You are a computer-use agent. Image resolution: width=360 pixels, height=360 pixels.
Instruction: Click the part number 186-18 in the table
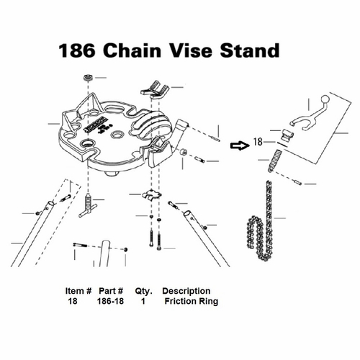(x=110, y=302)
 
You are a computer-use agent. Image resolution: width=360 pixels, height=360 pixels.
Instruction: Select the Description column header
(x=186, y=292)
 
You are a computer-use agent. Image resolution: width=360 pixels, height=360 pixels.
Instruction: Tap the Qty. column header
(x=143, y=292)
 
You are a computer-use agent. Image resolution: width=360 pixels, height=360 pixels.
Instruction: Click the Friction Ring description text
(x=191, y=302)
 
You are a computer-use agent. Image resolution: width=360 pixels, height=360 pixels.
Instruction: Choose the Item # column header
(x=78, y=292)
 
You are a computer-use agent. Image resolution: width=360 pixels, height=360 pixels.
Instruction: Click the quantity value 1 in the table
(x=143, y=302)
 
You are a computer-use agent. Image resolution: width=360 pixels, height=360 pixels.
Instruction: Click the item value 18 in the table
(x=72, y=302)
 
